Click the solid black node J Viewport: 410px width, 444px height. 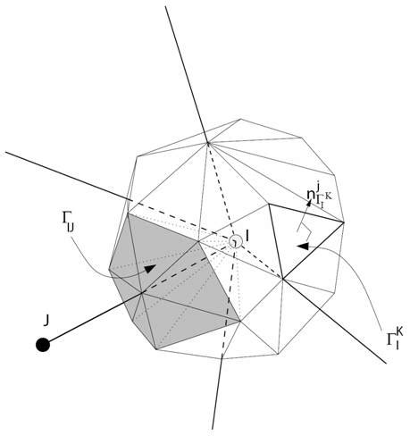pos(42,345)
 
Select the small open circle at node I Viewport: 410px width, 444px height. pos(236,240)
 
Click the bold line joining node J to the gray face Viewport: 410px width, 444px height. pos(89,317)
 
